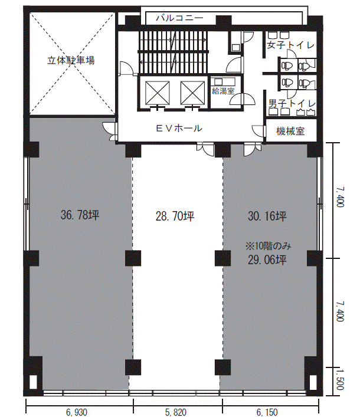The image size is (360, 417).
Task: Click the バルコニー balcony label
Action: click(x=179, y=18)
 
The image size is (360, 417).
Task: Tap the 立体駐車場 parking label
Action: click(x=71, y=60)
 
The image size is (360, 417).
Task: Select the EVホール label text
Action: click(x=179, y=129)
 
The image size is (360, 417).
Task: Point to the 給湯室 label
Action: click(x=223, y=91)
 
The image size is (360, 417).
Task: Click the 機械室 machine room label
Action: click(x=290, y=131)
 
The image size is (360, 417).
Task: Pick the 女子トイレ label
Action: click(x=290, y=45)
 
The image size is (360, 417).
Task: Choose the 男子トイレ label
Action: click(x=292, y=103)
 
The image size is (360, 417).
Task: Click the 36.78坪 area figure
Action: click(x=80, y=215)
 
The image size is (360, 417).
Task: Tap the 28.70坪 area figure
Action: click(x=175, y=216)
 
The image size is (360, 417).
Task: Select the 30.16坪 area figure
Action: click(x=267, y=216)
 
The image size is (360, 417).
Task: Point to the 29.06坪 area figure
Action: click(x=267, y=260)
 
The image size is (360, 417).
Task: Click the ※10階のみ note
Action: click(x=268, y=247)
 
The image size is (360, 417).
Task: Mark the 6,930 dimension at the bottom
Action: click(x=77, y=412)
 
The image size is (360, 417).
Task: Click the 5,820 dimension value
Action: click(x=176, y=412)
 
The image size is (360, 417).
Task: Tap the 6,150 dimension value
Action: click(x=267, y=412)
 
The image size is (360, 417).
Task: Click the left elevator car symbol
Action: click(x=157, y=93)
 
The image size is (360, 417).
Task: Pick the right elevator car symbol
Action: click(x=192, y=93)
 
